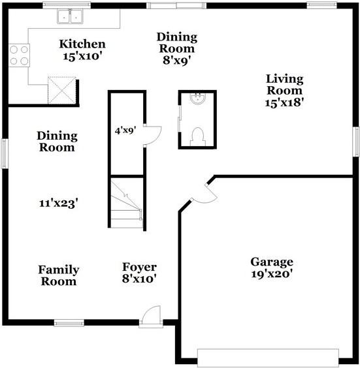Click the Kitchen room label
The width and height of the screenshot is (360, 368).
[82, 50]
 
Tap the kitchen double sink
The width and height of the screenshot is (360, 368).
[70, 16]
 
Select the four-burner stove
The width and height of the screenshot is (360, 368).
[19, 55]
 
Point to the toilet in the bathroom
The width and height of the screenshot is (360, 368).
[198, 136]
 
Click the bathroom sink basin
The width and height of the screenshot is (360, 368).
[197, 99]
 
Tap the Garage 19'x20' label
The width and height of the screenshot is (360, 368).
[272, 268]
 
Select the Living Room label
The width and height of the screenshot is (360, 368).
[285, 90]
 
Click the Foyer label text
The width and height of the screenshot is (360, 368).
[139, 267]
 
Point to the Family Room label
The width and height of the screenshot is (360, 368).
[59, 275]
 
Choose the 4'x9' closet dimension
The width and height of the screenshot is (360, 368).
[125, 130]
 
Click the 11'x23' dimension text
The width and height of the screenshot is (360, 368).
[59, 203]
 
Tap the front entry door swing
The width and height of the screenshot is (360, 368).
[151, 316]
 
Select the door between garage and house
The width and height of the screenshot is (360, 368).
[204, 193]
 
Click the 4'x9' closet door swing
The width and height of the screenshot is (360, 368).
[152, 135]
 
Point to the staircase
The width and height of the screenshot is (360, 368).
[127, 202]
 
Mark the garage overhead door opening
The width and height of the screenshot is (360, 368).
[268, 358]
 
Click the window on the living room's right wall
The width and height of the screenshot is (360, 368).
[357, 142]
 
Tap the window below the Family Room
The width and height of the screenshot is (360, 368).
[69, 323]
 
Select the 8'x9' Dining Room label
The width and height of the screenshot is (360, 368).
[177, 48]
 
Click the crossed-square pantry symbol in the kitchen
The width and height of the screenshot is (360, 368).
[62, 90]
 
